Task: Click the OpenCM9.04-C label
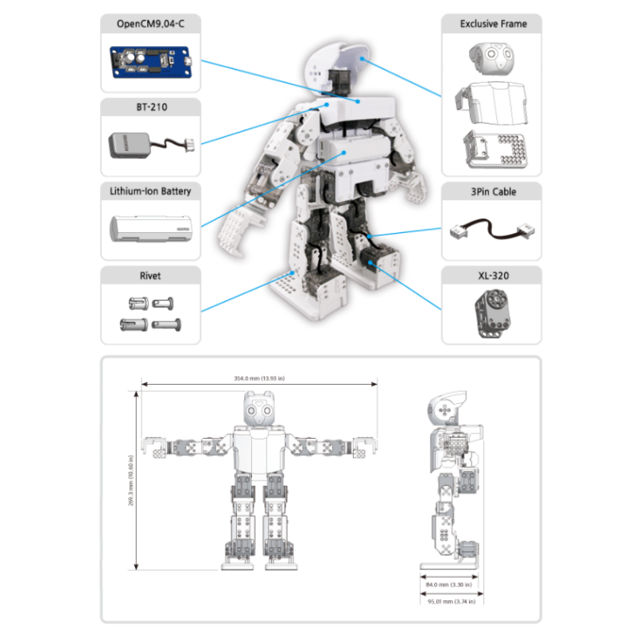(x=150, y=24)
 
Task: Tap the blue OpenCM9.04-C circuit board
(x=151, y=62)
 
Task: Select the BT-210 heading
(x=150, y=107)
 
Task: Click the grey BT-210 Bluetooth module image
(x=131, y=145)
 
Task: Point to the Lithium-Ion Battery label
(x=150, y=192)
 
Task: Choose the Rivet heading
(x=150, y=276)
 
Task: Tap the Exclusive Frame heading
(x=493, y=24)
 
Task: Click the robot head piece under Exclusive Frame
(x=491, y=58)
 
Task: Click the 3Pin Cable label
(x=493, y=192)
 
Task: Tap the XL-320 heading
(x=493, y=276)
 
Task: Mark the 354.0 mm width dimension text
(x=260, y=378)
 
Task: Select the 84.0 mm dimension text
(x=449, y=584)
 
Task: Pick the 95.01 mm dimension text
(x=449, y=602)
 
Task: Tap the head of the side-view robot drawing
(x=445, y=408)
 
